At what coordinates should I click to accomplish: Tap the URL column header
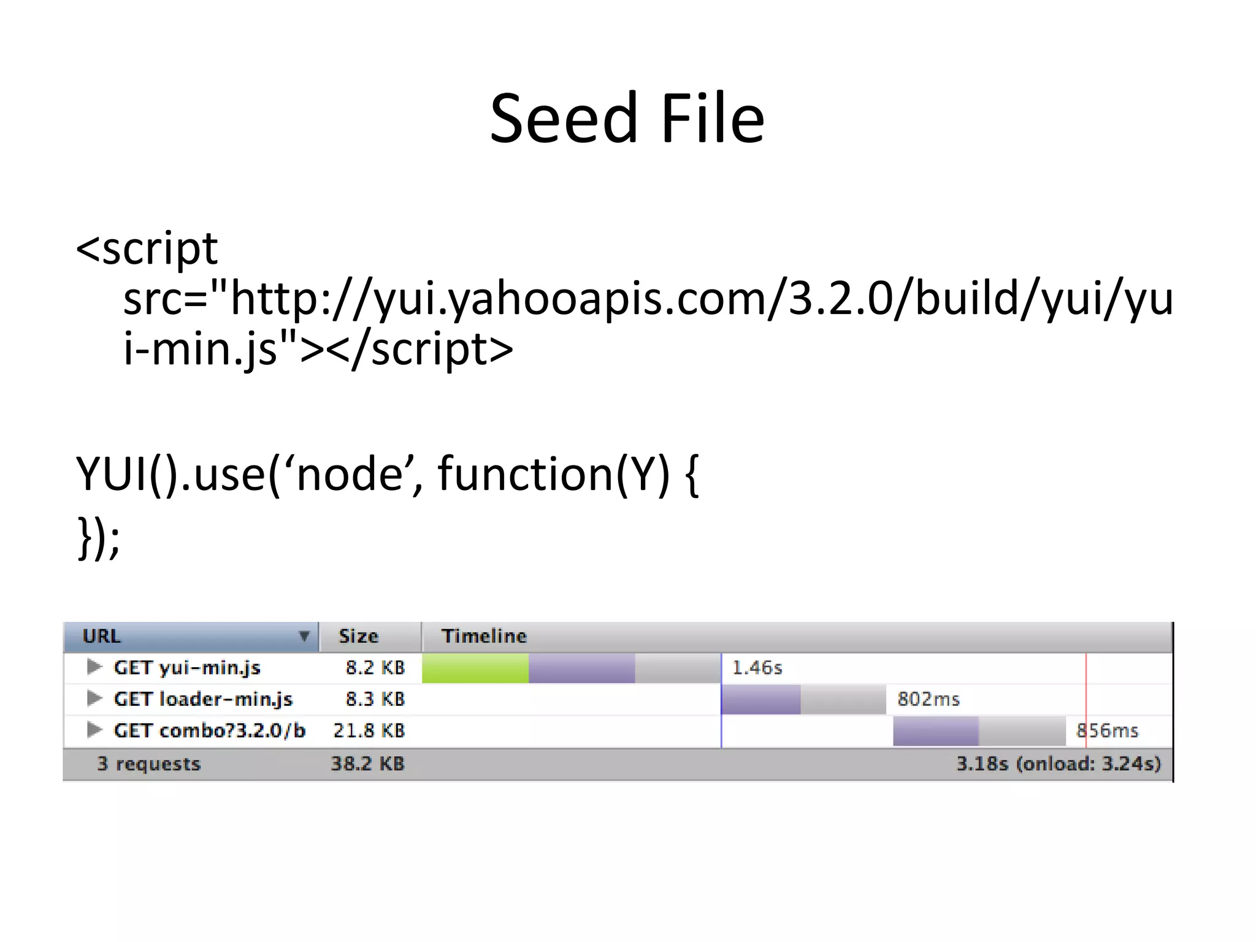tap(102, 636)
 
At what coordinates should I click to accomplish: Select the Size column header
tap(359, 636)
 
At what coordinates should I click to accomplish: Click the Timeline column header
tap(484, 636)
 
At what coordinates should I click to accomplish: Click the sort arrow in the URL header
tap(304, 636)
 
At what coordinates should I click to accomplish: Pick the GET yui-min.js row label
tap(187, 667)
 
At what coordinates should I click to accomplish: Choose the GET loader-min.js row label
tap(203, 699)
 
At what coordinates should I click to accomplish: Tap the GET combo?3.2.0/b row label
tap(209, 730)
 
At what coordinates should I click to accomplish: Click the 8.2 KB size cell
tap(375, 667)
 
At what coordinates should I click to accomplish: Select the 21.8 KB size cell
tap(369, 730)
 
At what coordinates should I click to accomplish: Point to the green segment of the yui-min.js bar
tap(475, 668)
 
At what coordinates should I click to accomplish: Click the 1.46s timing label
tap(757, 667)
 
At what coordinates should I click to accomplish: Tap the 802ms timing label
tap(928, 699)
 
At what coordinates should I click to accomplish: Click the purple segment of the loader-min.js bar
tap(760, 700)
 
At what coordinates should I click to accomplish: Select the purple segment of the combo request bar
tap(936, 731)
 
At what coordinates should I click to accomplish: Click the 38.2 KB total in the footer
tap(368, 764)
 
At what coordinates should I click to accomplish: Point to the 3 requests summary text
tap(149, 764)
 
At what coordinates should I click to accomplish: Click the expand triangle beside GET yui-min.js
tap(94, 667)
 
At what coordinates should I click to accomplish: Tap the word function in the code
tap(524, 474)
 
